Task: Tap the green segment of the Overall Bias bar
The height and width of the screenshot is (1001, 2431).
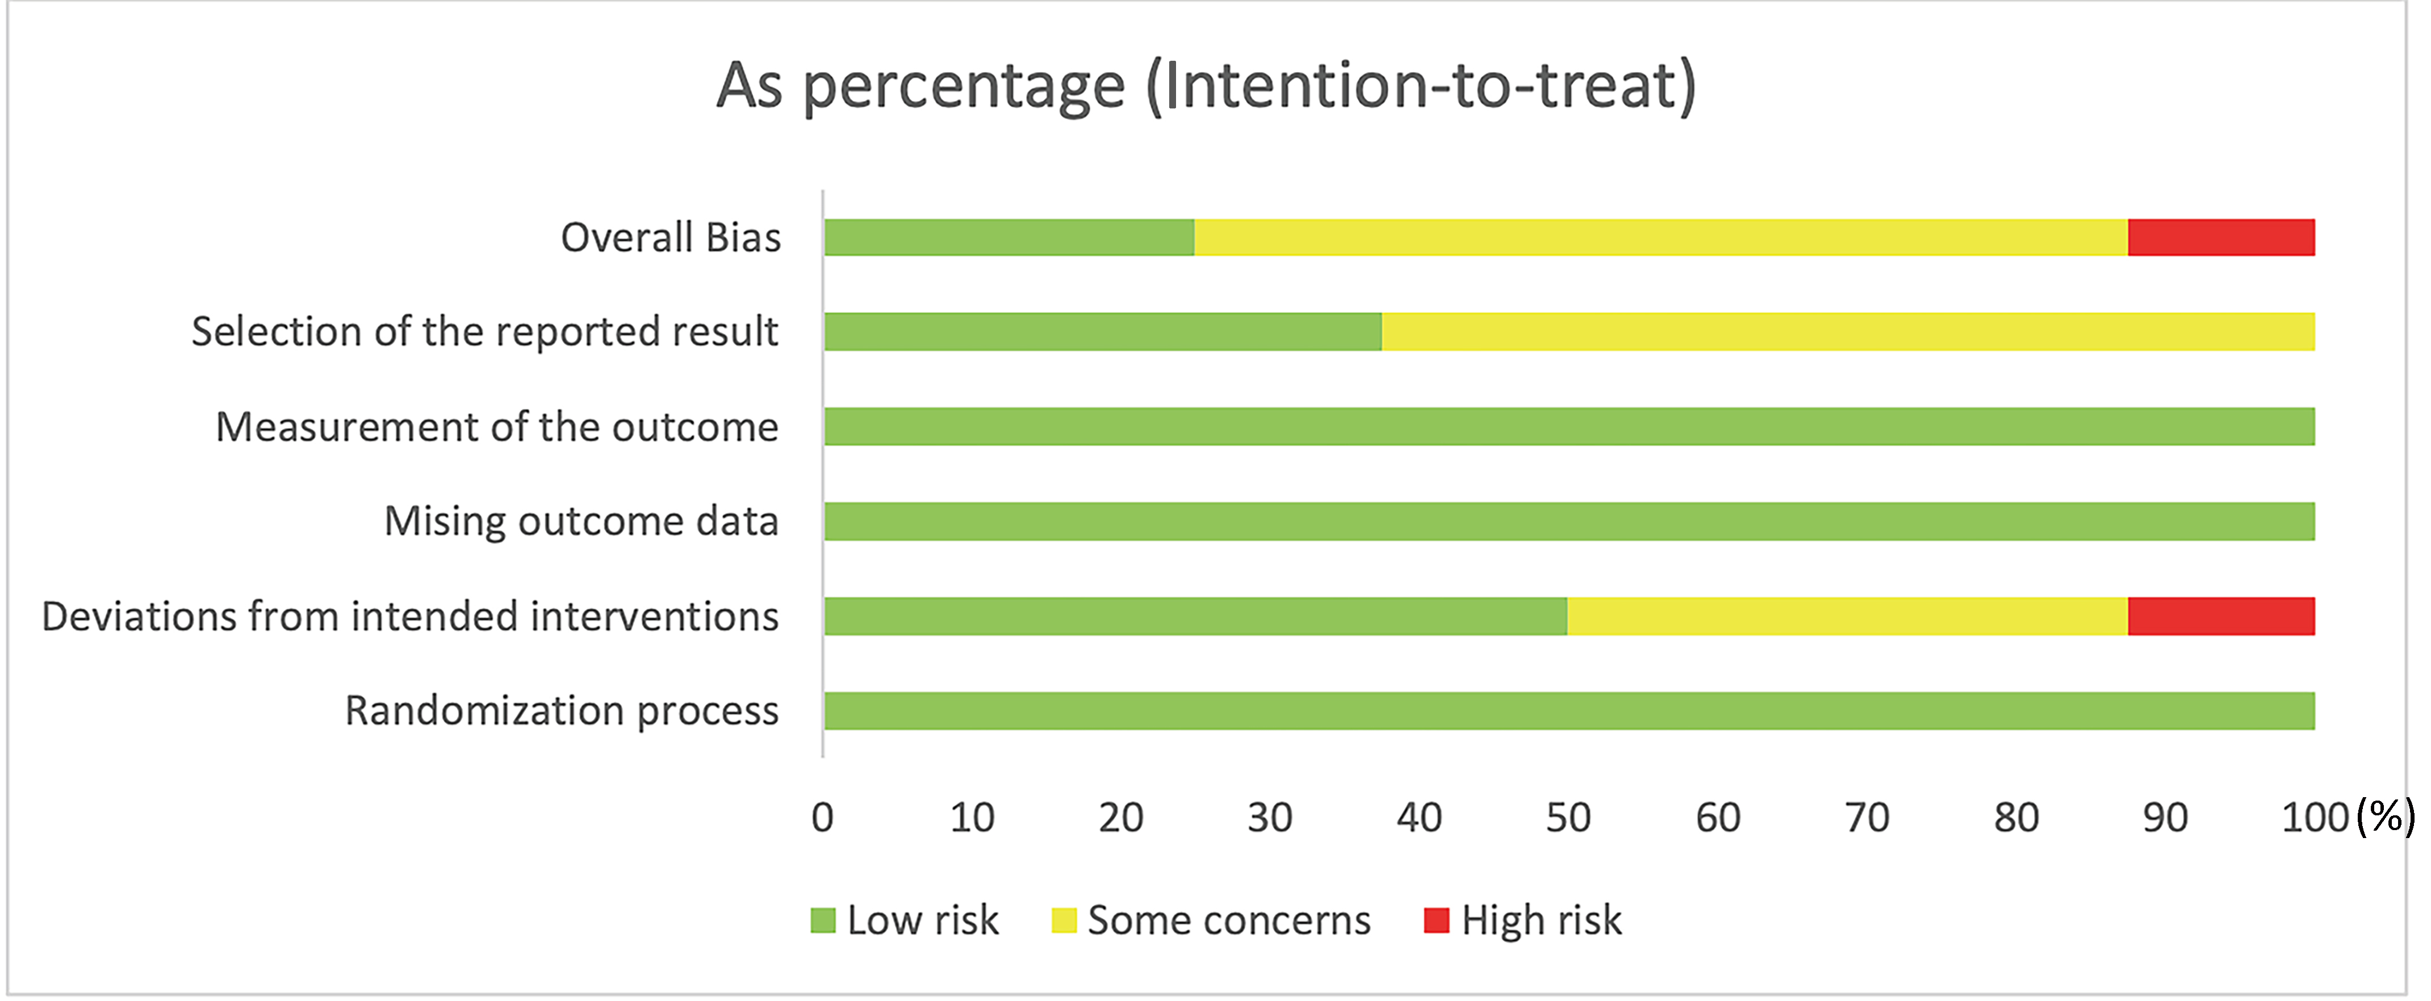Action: [x=1009, y=238]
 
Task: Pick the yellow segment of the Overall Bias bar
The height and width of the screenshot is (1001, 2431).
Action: [x=1661, y=238]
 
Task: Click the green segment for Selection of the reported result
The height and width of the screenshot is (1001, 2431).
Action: [x=1102, y=332]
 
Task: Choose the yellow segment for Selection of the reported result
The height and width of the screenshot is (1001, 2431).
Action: [x=1848, y=332]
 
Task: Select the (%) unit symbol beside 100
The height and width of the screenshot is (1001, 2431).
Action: [x=2386, y=816]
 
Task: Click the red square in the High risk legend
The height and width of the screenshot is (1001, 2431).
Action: [x=1436, y=920]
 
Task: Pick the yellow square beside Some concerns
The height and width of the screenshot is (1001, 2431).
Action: [x=1064, y=920]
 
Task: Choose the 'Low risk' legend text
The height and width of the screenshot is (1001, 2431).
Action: [x=922, y=920]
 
